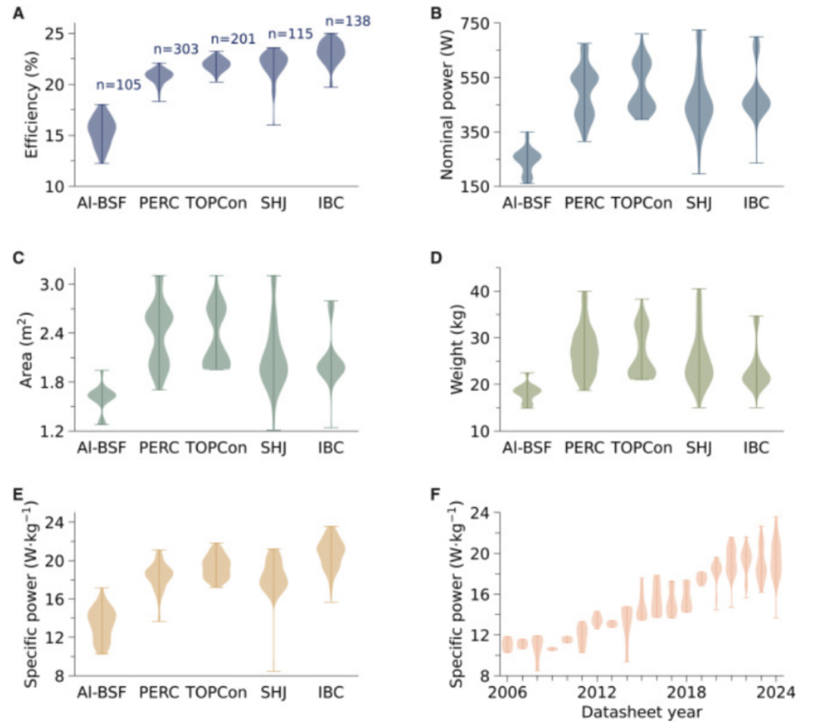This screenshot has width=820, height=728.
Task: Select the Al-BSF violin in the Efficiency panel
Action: coord(102,131)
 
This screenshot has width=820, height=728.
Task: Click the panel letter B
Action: coord(436,12)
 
